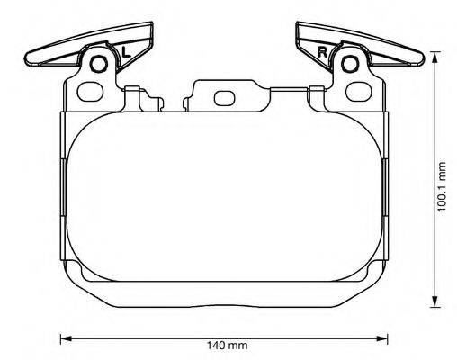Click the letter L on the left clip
point(125,52)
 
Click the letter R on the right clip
point(322,52)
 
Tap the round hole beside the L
point(101,65)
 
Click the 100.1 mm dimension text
point(442,187)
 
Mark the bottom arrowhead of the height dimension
point(435,305)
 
